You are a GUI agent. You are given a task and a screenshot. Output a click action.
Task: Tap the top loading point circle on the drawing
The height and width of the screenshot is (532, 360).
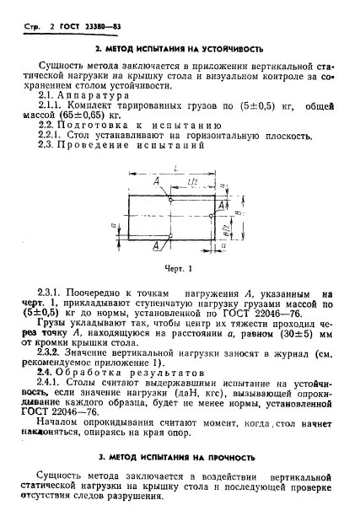[x=169, y=199]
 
